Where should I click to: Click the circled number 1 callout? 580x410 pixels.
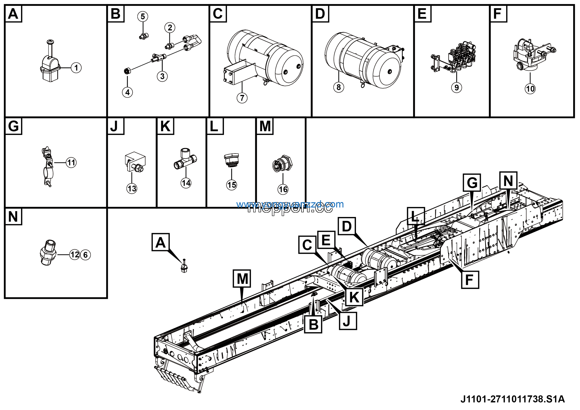pos(76,68)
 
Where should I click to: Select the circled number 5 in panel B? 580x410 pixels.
pos(143,16)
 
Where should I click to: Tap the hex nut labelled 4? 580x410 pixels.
pos(127,71)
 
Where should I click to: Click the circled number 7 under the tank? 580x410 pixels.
pos(242,98)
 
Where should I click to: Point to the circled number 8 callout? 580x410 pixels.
pos(338,87)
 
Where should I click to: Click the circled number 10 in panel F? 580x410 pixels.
pos(530,89)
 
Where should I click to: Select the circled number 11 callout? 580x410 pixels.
pos(71,162)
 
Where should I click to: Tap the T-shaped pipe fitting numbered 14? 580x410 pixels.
pos(185,160)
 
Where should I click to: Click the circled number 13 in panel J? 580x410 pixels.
pos(132,189)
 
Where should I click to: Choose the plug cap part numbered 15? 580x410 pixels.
pos(231,159)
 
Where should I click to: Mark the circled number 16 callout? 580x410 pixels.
pos(283,189)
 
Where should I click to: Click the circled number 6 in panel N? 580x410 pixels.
pos(85,255)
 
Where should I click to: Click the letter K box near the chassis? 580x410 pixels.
pos(354,297)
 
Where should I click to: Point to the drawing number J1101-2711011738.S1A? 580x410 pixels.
pos(512,399)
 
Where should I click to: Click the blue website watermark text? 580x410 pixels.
pos(290,204)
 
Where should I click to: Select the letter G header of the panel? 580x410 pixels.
pos(13,126)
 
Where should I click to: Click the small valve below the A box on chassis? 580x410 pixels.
pos(184,267)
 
